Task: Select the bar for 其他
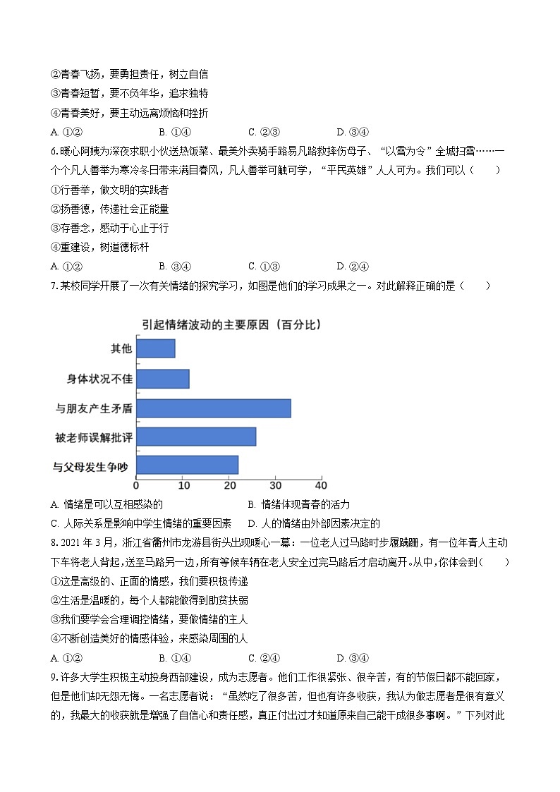coord(155,348)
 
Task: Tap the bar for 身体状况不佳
coord(162,379)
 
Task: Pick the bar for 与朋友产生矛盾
coord(213,408)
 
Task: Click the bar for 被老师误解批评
coord(195,437)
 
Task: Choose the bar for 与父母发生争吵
coord(187,465)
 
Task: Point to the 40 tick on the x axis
coord(321,485)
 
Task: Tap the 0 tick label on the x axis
coord(136,485)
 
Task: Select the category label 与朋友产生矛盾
coord(94,408)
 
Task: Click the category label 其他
coord(121,348)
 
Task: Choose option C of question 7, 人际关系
coord(142,523)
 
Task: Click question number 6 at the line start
coord(54,151)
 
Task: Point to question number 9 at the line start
coord(54,677)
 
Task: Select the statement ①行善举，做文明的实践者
coord(109,190)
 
